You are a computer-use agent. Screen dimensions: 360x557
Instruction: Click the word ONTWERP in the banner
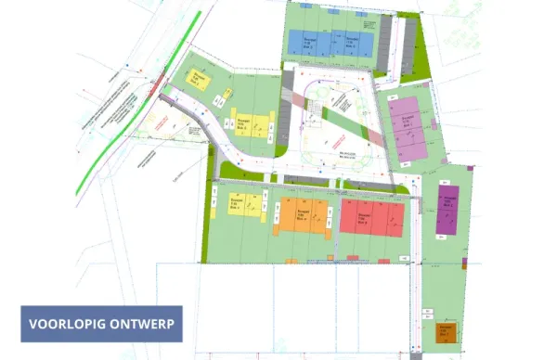(143, 325)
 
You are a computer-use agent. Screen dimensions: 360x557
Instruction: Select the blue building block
(330, 43)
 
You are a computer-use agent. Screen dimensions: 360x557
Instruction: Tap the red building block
(371, 217)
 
